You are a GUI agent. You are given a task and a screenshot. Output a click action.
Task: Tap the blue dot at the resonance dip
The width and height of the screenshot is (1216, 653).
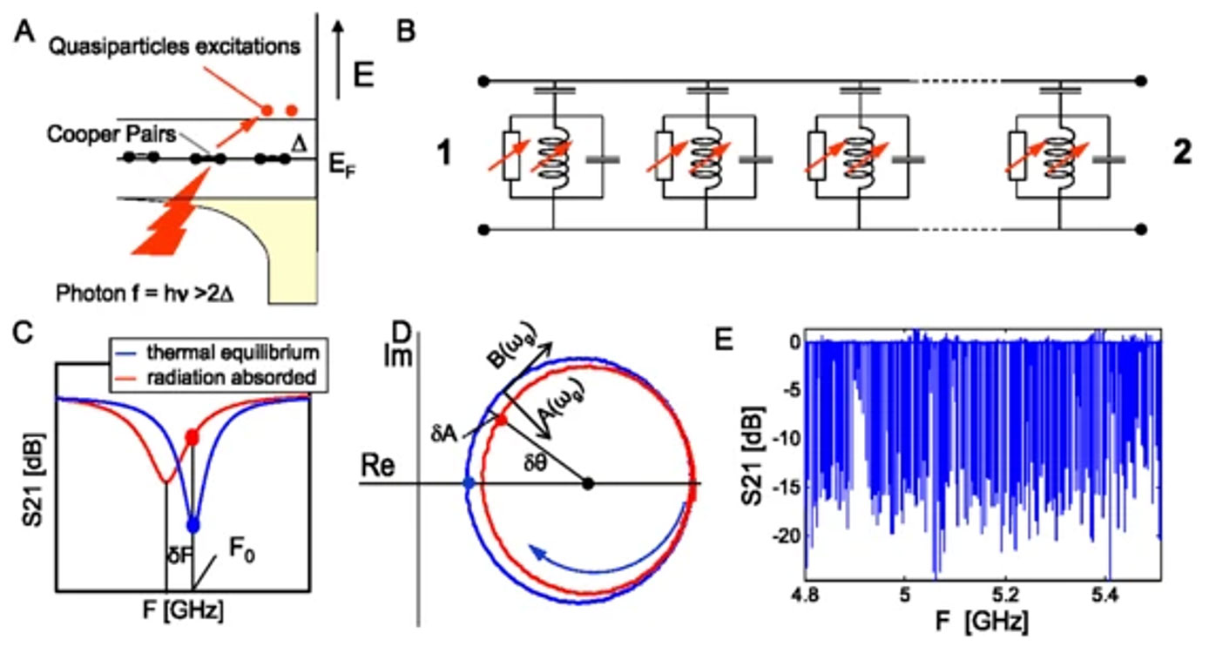193,525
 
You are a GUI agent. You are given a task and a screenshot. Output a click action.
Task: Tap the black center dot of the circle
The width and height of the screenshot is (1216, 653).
588,483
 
